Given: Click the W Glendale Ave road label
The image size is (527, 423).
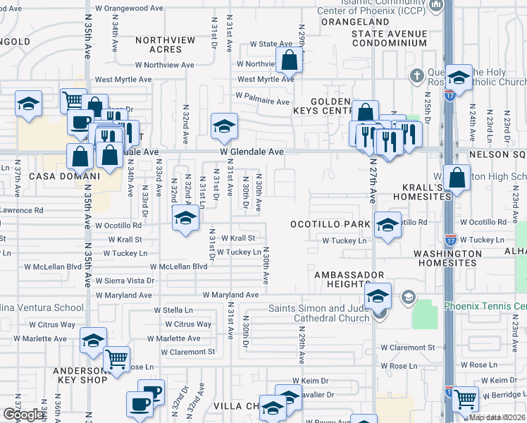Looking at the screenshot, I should (x=252, y=152).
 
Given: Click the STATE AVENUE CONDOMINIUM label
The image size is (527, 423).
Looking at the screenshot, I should (x=389, y=38).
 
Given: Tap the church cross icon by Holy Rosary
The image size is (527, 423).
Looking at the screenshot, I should (x=417, y=75).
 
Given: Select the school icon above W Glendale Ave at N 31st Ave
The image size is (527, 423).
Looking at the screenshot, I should (x=224, y=126).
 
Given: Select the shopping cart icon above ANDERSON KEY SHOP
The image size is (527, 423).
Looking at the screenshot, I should (x=116, y=359).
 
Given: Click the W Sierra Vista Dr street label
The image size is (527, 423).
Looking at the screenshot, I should (x=125, y=280).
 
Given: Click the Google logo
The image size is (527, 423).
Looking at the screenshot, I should (x=23, y=415).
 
